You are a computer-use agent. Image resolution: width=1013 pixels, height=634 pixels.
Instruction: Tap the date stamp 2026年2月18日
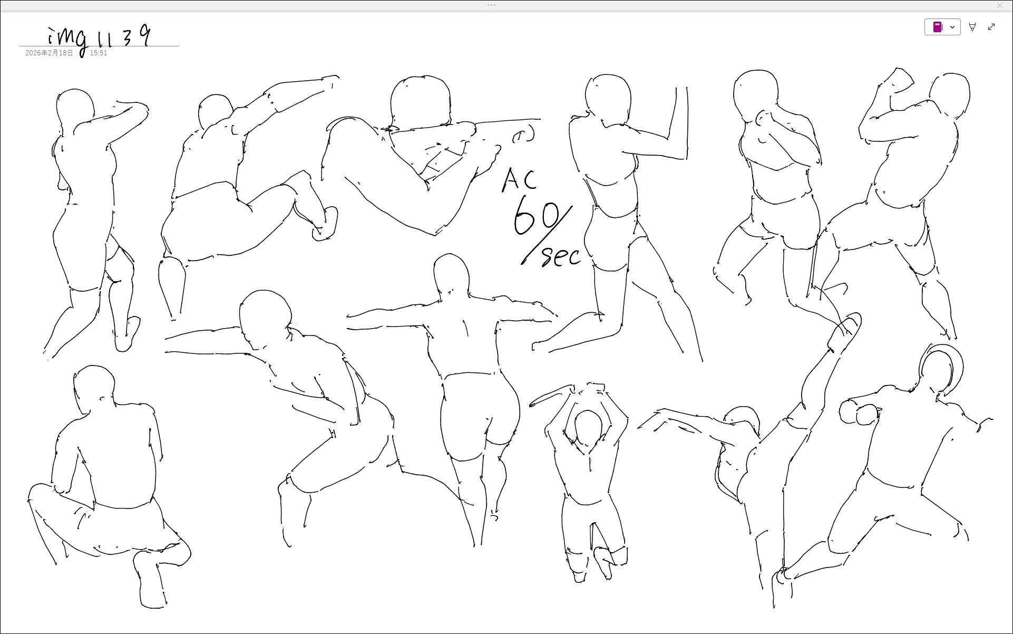(50, 53)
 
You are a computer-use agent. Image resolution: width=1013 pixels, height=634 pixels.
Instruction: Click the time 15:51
(99, 53)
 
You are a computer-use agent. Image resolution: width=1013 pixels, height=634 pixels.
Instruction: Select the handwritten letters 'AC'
(519, 180)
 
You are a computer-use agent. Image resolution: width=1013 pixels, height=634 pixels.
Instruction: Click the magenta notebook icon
(938, 27)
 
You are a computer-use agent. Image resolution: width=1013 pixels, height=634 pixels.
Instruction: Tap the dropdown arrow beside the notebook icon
(952, 27)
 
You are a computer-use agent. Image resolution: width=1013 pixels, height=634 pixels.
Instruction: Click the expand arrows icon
(991, 27)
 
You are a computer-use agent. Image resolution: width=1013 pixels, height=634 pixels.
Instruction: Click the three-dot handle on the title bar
(491, 5)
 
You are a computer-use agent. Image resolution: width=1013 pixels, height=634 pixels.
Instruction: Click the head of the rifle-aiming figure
(421, 101)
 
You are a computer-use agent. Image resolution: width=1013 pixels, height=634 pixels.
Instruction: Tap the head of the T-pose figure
(451, 273)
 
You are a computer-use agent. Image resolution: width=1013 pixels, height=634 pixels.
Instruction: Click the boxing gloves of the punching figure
(859, 412)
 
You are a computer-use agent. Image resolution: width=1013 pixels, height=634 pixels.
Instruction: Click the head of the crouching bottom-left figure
(94, 385)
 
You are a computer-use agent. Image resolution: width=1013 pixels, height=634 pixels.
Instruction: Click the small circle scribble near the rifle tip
(523, 135)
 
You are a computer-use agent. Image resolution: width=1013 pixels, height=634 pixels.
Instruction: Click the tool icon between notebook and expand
(972, 27)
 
